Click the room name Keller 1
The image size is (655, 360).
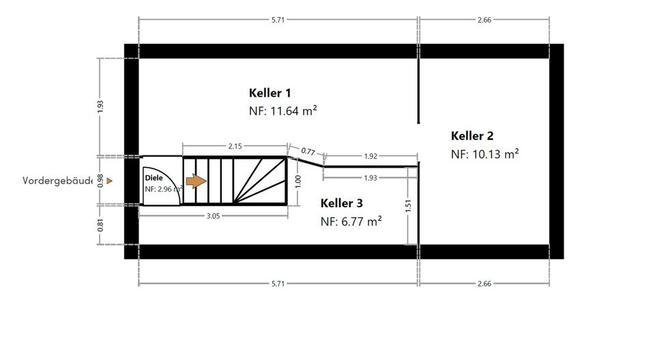coord(271,93)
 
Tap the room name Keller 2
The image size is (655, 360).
coord(473,136)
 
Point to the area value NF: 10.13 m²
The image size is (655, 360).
coord(484,154)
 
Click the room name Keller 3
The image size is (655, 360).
coord(342,203)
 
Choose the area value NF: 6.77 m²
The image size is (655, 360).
coord(351,221)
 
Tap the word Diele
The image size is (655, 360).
coord(154,177)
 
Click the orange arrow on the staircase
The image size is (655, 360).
coord(196,181)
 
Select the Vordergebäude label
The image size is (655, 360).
coord(58,181)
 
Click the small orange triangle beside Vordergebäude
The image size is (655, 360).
coord(108,181)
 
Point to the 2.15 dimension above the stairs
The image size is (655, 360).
coord(235,146)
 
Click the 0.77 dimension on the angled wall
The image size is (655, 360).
coord(308,151)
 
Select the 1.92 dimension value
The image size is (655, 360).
coord(370,156)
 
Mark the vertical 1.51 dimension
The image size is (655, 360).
coord(408,205)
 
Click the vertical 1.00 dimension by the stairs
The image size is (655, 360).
coord(297,181)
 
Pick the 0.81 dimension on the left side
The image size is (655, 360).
coord(100,224)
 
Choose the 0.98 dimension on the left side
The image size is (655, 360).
coord(100,181)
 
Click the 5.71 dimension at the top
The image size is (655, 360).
coord(278,20)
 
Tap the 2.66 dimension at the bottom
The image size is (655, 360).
coord(484,283)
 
